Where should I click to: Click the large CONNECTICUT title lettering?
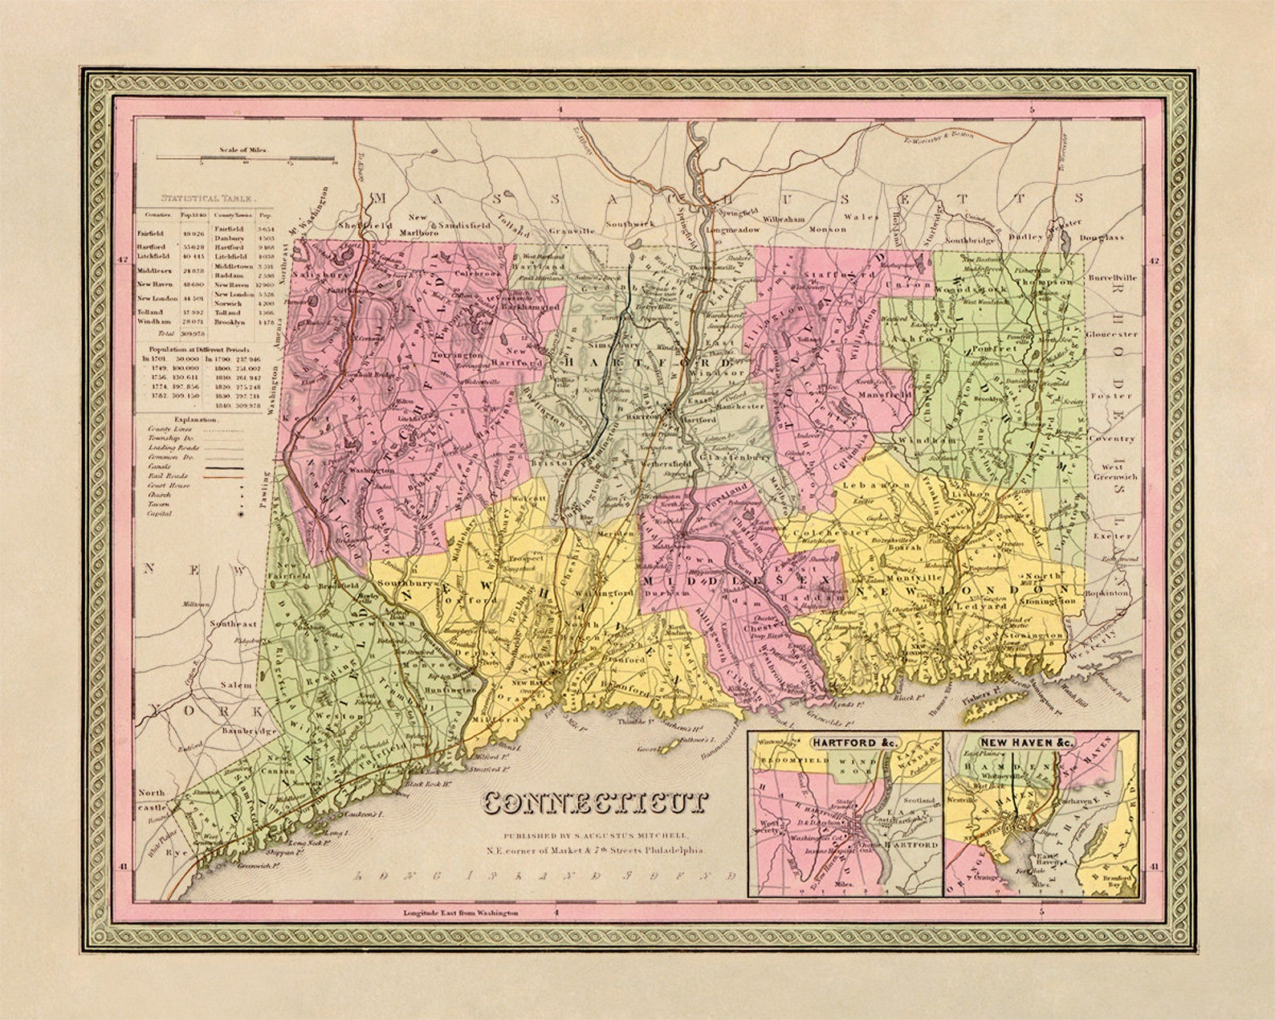pos(597,802)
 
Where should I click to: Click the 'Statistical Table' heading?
pos(207,196)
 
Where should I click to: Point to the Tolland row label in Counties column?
pos(150,312)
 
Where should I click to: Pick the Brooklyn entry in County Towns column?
pos(230,321)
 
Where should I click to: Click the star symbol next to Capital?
pos(238,512)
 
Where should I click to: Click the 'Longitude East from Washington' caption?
pos(459,912)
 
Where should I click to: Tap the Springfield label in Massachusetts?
pos(737,213)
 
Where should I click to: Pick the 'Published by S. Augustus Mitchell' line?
pos(595,834)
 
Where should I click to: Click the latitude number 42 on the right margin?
pos(1153,260)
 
